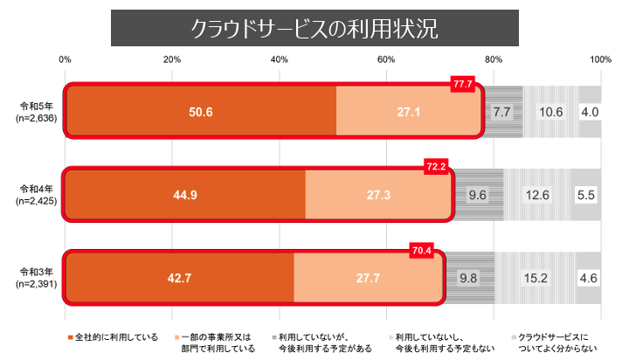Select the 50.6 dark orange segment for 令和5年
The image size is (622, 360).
(200, 112)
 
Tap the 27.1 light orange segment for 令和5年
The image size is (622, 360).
(408, 112)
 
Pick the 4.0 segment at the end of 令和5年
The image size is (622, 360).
(589, 112)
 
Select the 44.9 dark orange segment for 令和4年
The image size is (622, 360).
(185, 195)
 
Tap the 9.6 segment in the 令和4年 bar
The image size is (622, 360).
(478, 195)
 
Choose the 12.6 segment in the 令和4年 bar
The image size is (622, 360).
(537, 195)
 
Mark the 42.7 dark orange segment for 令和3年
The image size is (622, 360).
(179, 279)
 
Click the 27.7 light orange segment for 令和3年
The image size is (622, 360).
(368, 279)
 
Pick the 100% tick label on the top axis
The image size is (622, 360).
(599, 59)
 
